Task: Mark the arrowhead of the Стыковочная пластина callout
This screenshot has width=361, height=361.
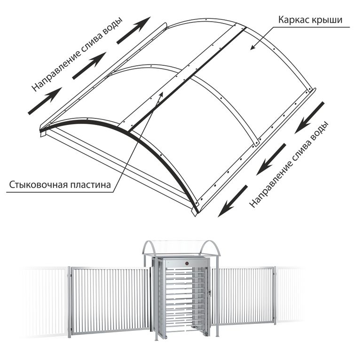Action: click(x=161, y=94)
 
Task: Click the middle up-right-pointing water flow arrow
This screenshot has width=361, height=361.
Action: click(x=89, y=66)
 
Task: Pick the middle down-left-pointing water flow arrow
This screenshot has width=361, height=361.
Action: click(x=271, y=159)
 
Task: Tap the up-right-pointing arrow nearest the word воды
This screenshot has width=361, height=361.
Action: click(x=133, y=30)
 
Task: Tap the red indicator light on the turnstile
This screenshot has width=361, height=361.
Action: click(x=187, y=263)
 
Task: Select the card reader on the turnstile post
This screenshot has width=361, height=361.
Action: click(x=209, y=293)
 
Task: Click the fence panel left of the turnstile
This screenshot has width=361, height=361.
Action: click(x=110, y=300)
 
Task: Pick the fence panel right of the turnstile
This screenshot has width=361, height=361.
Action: click(x=243, y=296)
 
